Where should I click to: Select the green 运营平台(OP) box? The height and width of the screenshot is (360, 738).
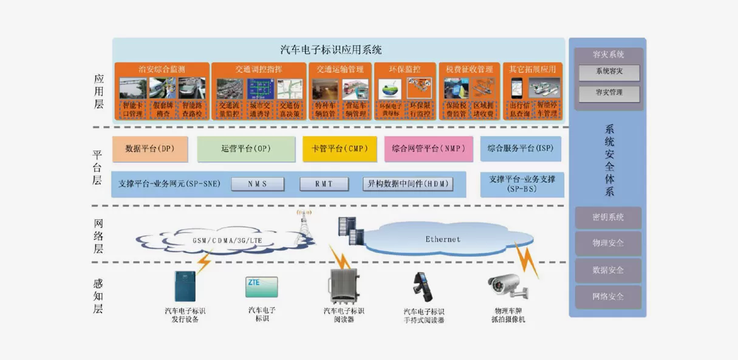coord(245,149)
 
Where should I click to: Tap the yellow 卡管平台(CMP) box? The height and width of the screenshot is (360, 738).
coord(340,149)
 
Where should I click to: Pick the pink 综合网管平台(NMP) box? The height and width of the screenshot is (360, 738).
coord(428,149)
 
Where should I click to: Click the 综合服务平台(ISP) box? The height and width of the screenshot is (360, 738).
coord(522,149)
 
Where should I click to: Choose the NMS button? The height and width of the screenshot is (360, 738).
coord(258,184)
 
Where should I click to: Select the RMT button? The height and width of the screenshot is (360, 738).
coord(324,184)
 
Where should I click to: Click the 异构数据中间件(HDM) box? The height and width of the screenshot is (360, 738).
coord(408,184)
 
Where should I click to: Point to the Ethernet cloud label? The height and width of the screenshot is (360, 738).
coord(443,239)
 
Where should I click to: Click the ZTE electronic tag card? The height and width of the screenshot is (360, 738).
coord(262,287)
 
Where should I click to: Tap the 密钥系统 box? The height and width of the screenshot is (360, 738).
coord(608,217)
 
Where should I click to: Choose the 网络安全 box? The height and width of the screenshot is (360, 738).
coord(608,297)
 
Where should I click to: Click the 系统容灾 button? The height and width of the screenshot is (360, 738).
coord(608,72)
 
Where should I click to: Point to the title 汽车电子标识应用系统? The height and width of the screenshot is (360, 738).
coord(331,50)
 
